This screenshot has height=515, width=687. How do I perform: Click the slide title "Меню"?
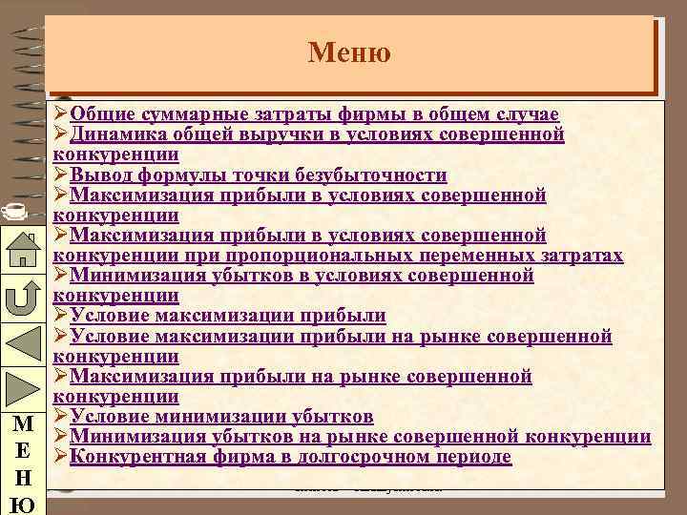point(349,52)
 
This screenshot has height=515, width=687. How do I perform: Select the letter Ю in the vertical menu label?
point(24,504)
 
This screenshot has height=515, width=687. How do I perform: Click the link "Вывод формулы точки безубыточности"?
point(258,175)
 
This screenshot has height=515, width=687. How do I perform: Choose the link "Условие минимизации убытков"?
point(221,417)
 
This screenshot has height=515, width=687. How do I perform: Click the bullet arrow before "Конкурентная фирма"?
point(61,457)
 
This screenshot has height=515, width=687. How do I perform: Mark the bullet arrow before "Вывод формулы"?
point(61,175)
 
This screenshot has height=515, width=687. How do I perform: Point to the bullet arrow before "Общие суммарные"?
point(61,114)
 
